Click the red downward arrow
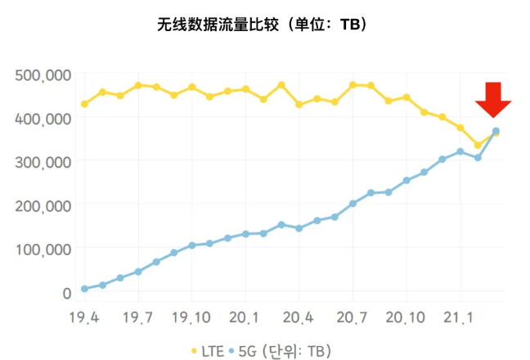click(x=493, y=102)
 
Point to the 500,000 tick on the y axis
click(x=43, y=75)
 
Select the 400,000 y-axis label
click(x=43, y=119)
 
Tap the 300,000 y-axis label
click(x=43, y=162)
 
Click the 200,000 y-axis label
click(x=43, y=205)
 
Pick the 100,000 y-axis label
click(x=43, y=249)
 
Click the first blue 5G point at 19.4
click(x=84, y=289)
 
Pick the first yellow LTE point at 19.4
click(x=84, y=104)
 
